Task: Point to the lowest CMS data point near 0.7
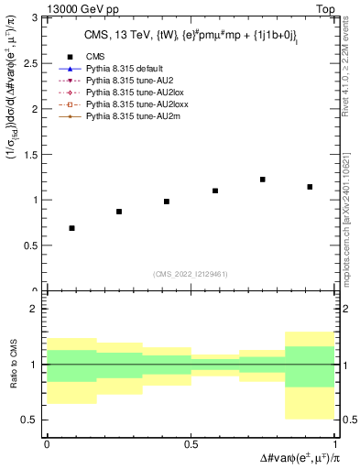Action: coord(71,228)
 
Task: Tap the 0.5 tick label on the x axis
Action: coord(191,444)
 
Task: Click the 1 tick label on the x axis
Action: coord(334,444)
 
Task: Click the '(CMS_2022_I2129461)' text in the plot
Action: coord(191,272)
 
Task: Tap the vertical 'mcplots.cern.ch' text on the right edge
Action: coord(351,220)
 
